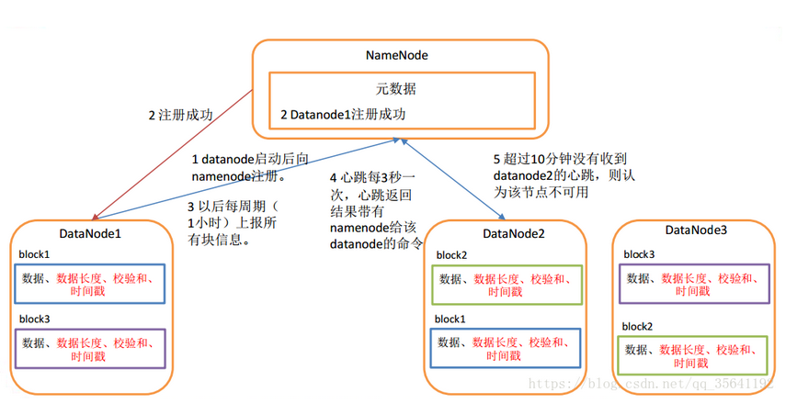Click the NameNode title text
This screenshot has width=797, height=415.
(x=396, y=55)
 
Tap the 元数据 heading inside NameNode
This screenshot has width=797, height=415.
(x=396, y=89)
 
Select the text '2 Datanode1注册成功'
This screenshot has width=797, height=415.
(x=343, y=114)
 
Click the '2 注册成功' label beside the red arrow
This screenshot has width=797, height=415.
(x=180, y=116)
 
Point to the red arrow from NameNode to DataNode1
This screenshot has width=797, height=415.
(x=172, y=155)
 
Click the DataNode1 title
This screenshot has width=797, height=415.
(x=90, y=233)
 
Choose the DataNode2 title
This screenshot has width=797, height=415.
(x=513, y=233)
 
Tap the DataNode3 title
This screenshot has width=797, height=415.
(x=696, y=230)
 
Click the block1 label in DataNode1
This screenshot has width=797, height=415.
(x=34, y=254)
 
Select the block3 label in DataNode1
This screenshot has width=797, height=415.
(x=35, y=319)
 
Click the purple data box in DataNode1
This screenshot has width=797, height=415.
(x=90, y=349)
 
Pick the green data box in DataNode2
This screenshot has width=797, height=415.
(x=507, y=285)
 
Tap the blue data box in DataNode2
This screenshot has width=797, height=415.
(x=506, y=348)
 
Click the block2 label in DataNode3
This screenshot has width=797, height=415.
(x=637, y=326)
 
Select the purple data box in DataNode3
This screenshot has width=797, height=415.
(x=694, y=284)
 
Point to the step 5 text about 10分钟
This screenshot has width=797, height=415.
(x=564, y=175)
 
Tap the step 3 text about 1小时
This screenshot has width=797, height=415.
(x=233, y=222)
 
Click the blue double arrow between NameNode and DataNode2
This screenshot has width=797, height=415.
(x=452, y=179)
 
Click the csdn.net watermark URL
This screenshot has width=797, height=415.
(x=651, y=384)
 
